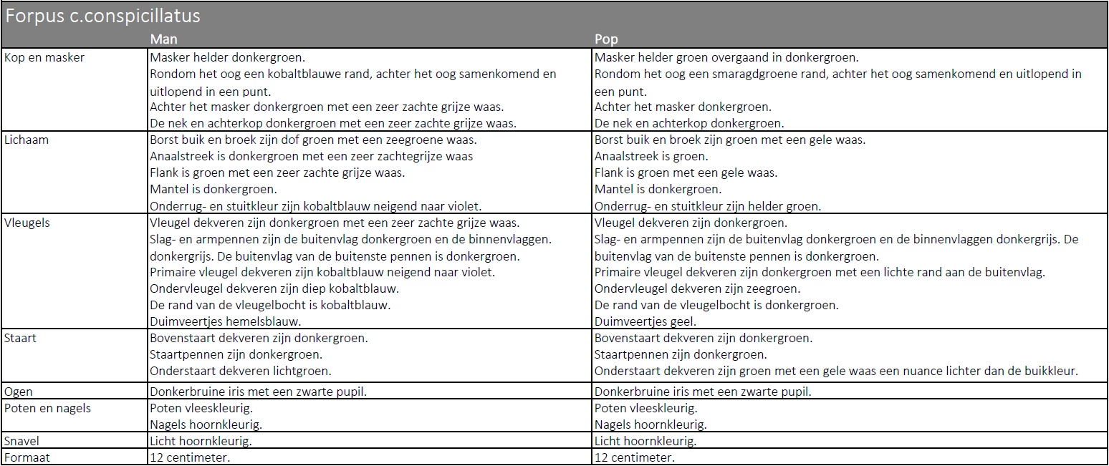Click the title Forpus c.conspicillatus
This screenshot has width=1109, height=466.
pyautogui.click(x=103, y=16)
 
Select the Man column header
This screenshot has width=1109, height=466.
pyautogui.click(x=164, y=39)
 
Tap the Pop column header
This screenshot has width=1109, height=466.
pyautogui.click(x=606, y=39)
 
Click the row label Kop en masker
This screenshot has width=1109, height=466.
pyautogui.click(x=44, y=58)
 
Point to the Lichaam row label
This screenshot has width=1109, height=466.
pyautogui.click(x=27, y=140)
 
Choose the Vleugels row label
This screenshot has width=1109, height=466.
pyautogui.click(x=27, y=223)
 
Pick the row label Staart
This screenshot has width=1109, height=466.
pyautogui.click(x=21, y=338)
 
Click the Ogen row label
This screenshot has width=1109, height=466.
pyautogui.click(x=19, y=392)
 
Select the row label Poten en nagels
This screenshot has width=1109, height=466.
pyautogui.click(x=48, y=409)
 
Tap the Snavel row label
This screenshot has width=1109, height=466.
pyautogui.click(x=22, y=441)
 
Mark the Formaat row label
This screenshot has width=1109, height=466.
pyautogui.click(x=27, y=457)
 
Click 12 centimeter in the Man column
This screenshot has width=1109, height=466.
pyautogui.click(x=190, y=457)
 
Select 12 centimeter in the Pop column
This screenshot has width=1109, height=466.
pyautogui.click(x=635, y=457)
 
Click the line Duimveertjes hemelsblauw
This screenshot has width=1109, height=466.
pyautogui.click(x=226, y=321)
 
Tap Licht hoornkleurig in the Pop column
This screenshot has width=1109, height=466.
pyautogui.click(x=645, y=441)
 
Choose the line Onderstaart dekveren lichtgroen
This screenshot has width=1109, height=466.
pyautogui.click(x=241, y=371)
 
